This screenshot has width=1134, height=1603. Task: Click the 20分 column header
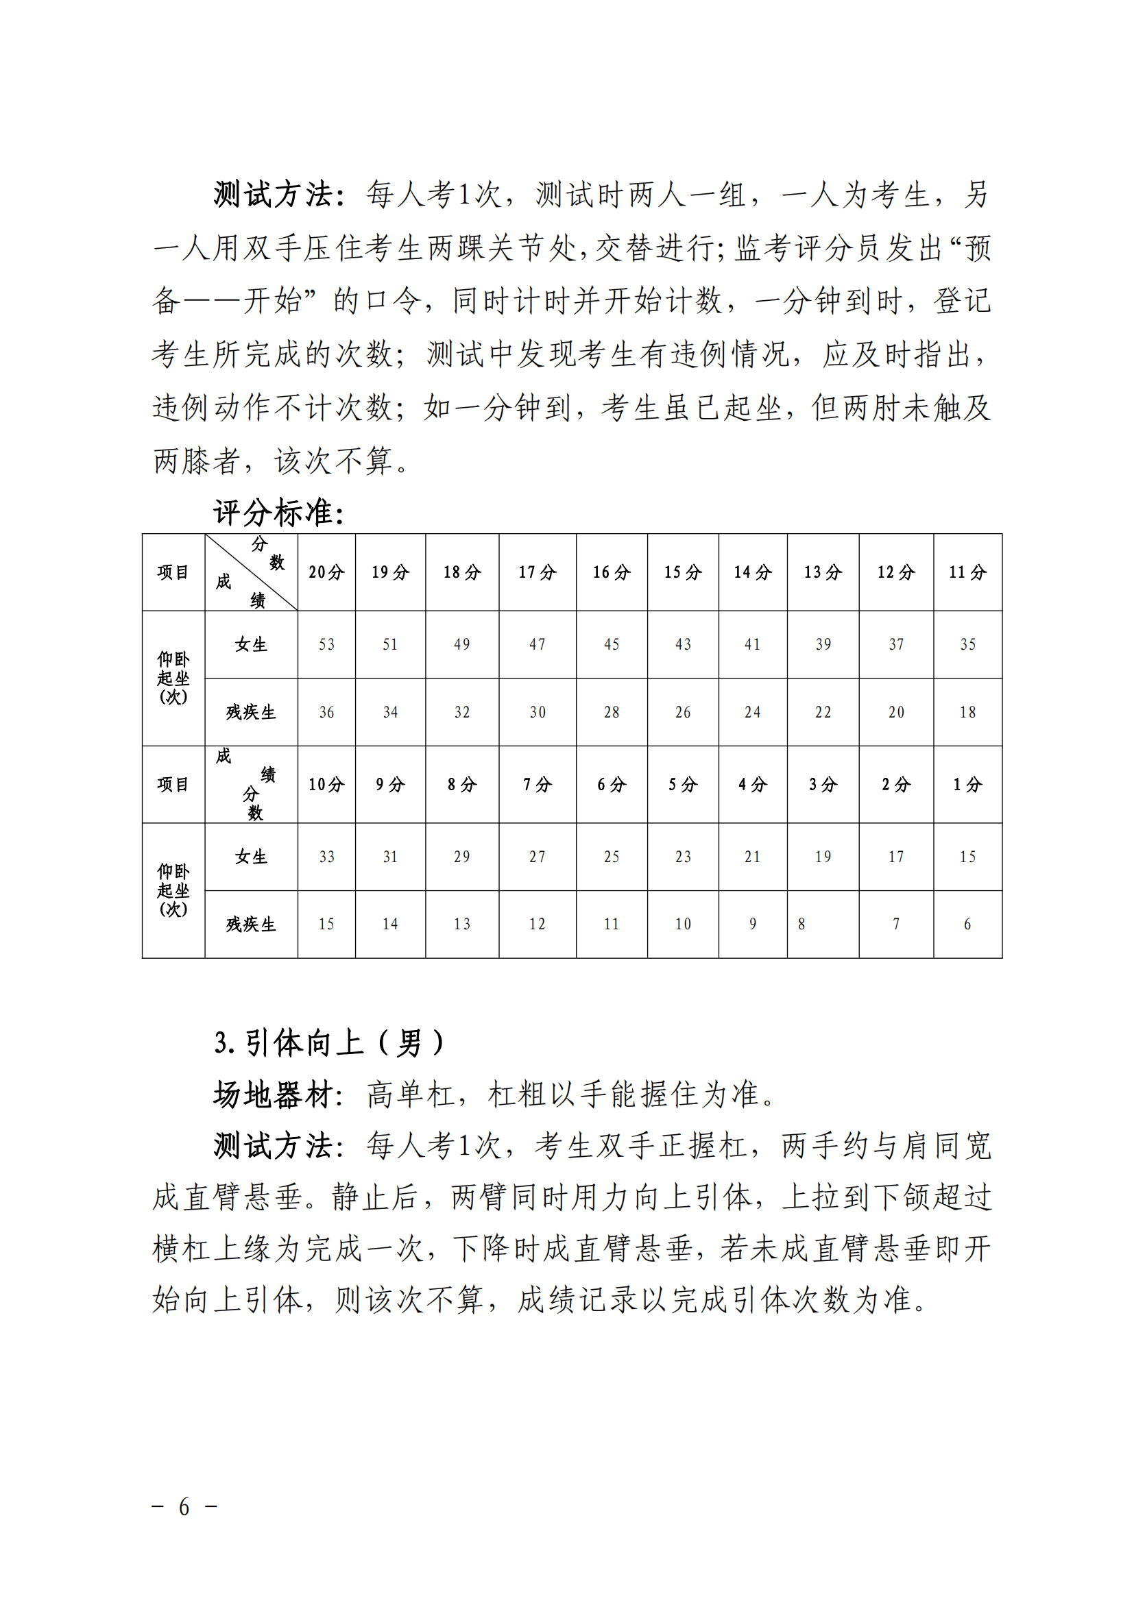(326, 572)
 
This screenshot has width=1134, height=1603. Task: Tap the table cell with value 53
(326, 644)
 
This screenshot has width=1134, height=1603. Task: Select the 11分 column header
(967, 572)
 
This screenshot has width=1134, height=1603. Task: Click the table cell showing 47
(537, 644)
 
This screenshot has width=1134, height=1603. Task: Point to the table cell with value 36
(326, 712)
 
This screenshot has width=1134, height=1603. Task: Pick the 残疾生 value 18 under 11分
(967, 712)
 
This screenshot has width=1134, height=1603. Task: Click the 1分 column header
(967, 785)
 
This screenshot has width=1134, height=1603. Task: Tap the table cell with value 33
(326, 857)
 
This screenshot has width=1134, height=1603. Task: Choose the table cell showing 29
(461, 857)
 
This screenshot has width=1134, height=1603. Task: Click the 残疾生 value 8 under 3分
(801, 925)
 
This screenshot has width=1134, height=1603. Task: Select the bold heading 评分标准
(278, 513)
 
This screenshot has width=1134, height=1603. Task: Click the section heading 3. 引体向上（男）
(328, 1043)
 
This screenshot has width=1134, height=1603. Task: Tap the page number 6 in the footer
(184, 1506)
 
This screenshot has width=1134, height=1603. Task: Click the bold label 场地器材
(278, 1094)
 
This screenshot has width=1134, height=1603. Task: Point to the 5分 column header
(682, 785)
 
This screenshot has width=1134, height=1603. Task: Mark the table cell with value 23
(682, 857)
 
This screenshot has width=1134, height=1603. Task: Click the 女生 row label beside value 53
(251, 644)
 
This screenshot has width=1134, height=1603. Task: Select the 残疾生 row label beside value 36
(251, 712)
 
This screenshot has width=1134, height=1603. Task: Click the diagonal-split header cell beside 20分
(251, 572)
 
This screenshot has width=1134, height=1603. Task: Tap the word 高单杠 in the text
(411, 1094)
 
